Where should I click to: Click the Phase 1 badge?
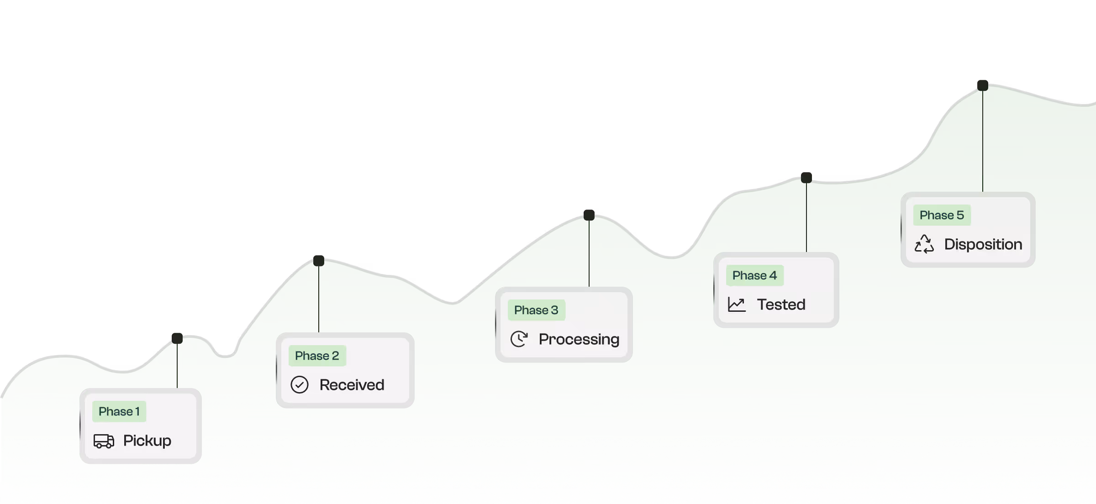coord(119,411)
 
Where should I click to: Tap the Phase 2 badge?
coord(317,356)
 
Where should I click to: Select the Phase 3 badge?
coord(536,310)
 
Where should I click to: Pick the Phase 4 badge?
coord(754,275)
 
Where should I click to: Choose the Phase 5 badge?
coord(942,215)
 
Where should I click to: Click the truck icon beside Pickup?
coord(104,441)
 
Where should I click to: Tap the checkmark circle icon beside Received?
coord(300,385)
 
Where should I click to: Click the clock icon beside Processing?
coord(519,339)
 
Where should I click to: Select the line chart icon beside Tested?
coord(737,304)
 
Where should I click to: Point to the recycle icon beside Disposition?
coord(924,244)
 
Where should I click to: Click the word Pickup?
coord(147,441)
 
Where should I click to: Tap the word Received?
coord(352,385)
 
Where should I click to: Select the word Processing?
coord(579,339)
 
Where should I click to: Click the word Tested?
coord(781,304)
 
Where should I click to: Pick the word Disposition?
coord(983,244)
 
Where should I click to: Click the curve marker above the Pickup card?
coord(177,338)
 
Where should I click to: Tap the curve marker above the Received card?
coord(319,261)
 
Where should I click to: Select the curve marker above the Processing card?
coord(589,215)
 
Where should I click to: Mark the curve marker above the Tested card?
coord(806,178)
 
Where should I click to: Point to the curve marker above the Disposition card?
coord(983,85)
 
